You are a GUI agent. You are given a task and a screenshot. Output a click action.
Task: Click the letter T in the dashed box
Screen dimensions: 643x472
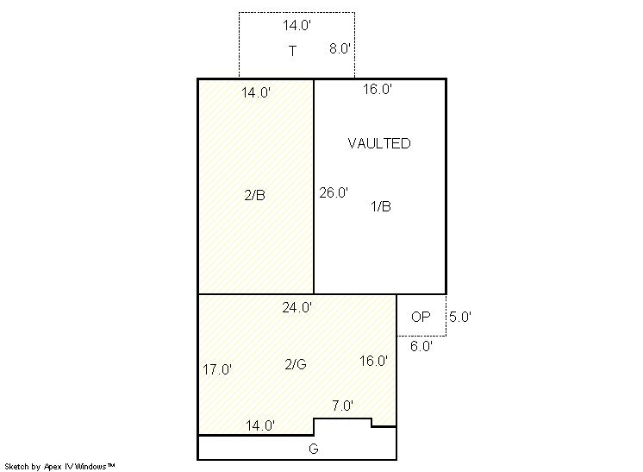click(x=292, y=51)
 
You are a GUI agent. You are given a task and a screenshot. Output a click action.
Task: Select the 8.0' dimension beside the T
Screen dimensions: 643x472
click(x=340, y=48)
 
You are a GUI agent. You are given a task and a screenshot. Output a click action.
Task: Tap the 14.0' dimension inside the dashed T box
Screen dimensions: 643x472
click(x=297, y=25)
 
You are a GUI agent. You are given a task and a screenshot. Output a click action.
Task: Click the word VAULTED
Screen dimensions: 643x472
click(x=379, y=143)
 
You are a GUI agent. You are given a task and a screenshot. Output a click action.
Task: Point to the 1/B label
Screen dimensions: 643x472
click(x=381, y=206)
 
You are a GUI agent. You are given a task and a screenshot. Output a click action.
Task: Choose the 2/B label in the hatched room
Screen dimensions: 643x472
click(x=254, y=195)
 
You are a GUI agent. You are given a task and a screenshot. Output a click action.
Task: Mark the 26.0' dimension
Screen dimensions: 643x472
click(x=334, y=192)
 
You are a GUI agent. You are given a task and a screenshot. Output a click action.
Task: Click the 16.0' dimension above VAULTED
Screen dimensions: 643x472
click(x=378, y=89)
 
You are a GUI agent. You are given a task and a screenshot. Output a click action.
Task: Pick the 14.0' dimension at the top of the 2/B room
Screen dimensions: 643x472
click(x=256, y=92)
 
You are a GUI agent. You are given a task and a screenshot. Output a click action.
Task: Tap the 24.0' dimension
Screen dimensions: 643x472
click(x=297, y=307)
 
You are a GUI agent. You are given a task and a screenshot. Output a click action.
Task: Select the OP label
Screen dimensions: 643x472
click(x=421, y=317)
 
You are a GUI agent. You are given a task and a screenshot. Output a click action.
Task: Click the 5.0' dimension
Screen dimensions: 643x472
click(x=460, y=317)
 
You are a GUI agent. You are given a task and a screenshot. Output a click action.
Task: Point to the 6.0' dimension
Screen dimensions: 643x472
click(x=421, y=346)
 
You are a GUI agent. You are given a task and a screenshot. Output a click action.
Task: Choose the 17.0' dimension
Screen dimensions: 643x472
click(x=217, y=370)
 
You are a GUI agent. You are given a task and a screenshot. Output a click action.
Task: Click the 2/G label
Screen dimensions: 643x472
click(x=296, y=364)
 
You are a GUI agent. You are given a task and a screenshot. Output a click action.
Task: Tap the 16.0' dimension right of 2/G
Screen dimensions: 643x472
click(x=373, y=362)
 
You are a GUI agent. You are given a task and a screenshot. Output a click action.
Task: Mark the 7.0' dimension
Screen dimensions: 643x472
click(x=342, y=406)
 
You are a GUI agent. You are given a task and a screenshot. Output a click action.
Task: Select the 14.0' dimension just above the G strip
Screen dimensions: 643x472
click(x=260, y=425)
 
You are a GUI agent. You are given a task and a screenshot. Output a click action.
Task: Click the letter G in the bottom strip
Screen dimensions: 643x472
click(x=313, y=449)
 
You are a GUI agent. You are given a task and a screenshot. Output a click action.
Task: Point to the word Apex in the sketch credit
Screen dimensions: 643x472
click(x=53, y=467)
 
